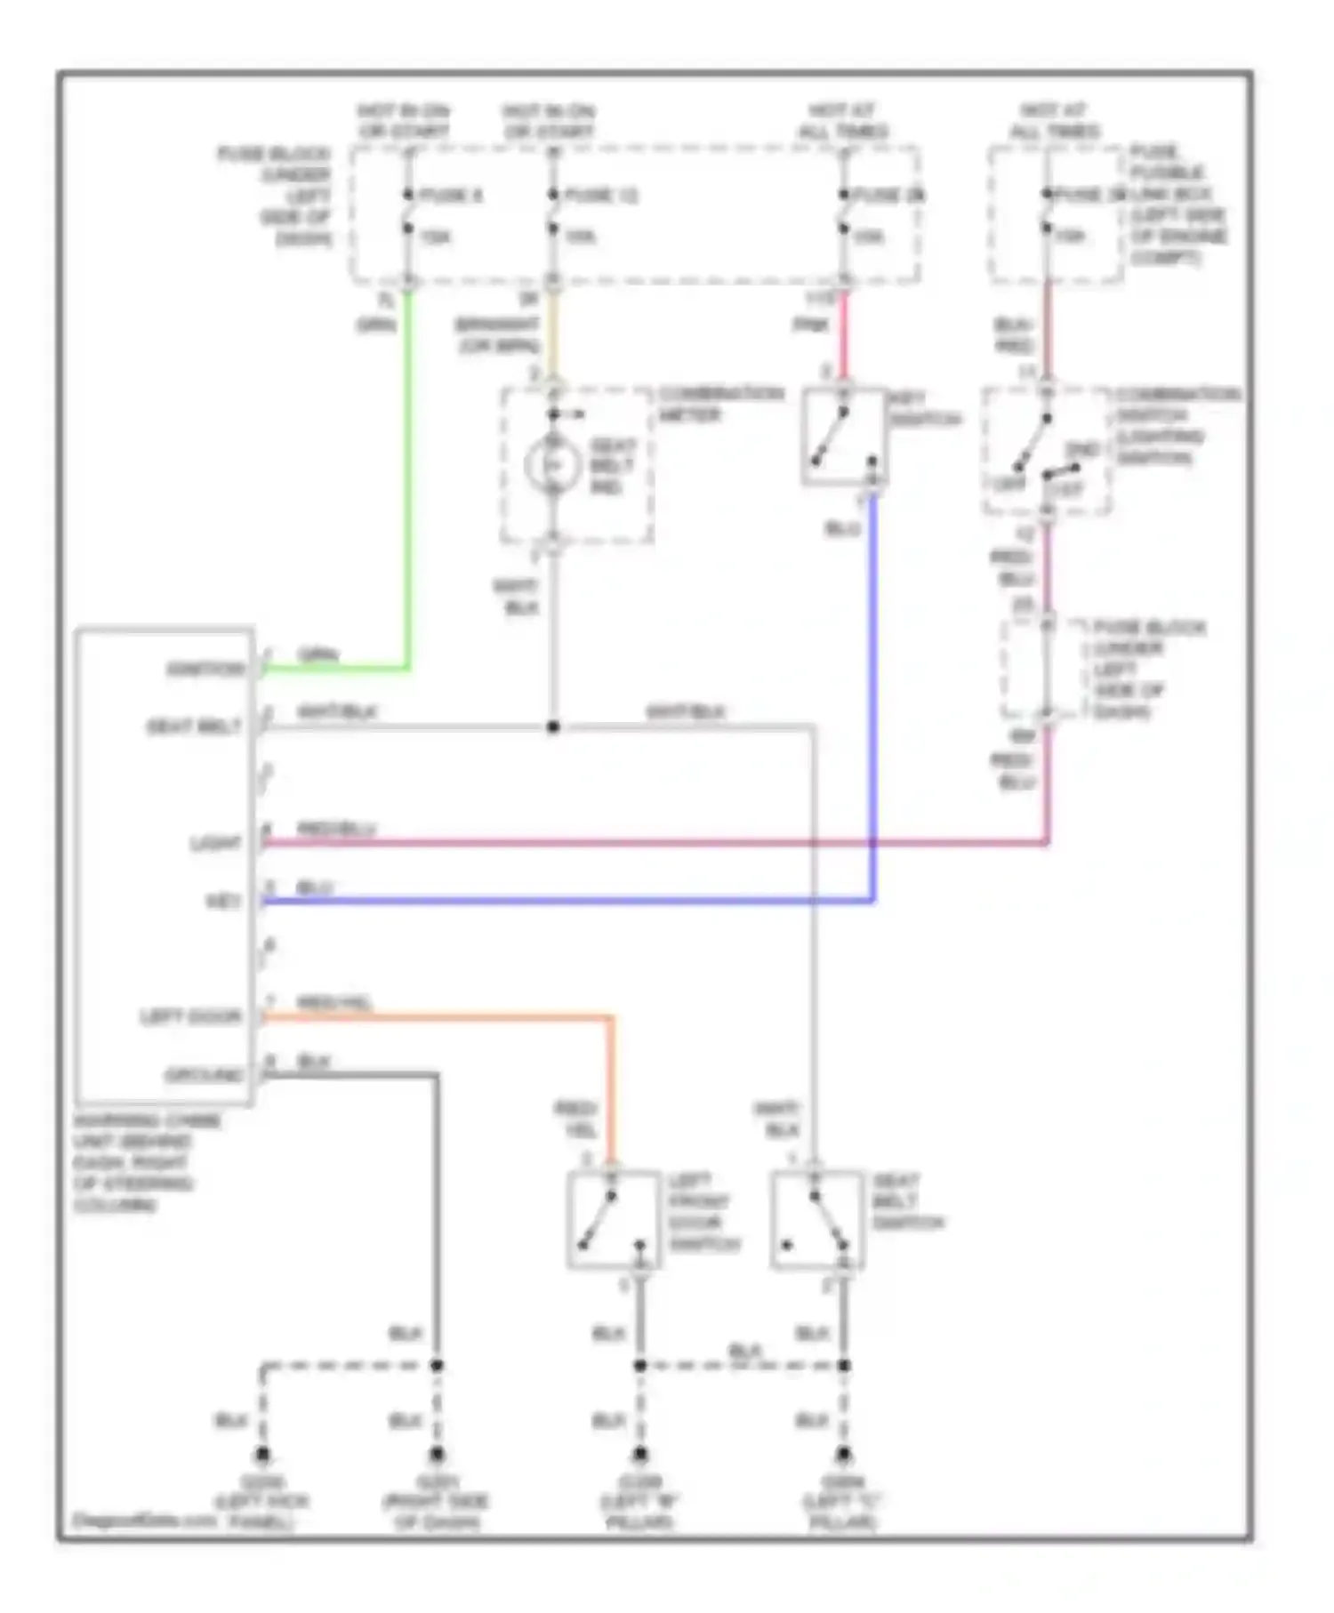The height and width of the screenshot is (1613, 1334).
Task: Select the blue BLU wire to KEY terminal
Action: pos(569,901)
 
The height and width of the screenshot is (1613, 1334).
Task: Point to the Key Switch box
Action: pos(843,436)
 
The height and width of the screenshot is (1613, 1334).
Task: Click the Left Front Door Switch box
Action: pos(614,1219)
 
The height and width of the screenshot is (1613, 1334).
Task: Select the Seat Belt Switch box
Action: pos(816,1219)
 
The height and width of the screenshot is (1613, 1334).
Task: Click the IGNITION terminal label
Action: pos(205,669)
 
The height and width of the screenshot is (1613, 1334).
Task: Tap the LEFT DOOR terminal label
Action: pos(190,1016)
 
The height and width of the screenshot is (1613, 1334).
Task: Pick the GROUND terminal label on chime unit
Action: pos(204,1075)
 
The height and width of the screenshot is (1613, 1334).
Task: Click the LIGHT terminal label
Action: pos(216,842)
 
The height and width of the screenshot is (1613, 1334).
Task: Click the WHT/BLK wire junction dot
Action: pos(552,726)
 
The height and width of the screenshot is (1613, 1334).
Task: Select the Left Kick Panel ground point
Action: pos(261,1456)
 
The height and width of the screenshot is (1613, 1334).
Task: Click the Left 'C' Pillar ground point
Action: pos(842,1456)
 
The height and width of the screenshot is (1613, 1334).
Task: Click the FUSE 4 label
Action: pos(450,195)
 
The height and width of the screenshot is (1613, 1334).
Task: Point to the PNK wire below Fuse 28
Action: pos(843,333)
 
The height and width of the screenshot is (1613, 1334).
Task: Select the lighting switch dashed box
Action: pos(1046,451)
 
